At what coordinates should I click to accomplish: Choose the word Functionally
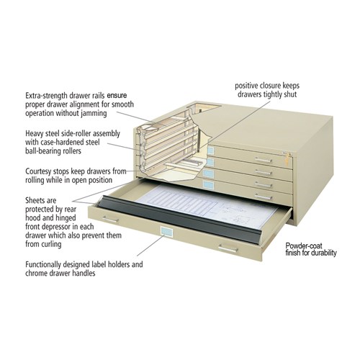[48, 264]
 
